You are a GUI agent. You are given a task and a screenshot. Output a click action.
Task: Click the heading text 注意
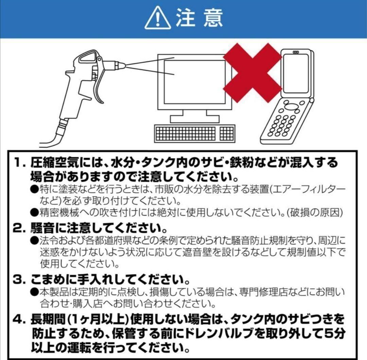coord(199,18)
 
